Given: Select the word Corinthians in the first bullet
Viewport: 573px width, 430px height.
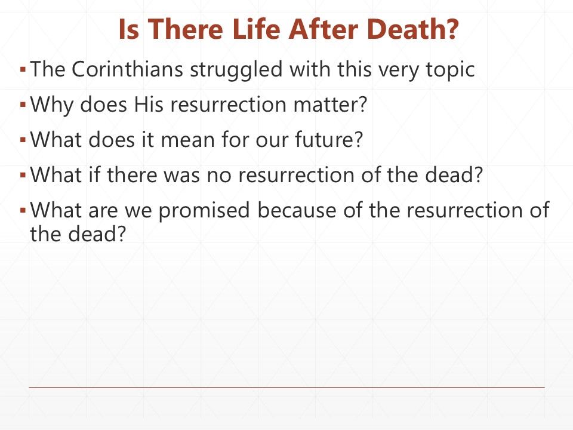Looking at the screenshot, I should [x=128, y=70].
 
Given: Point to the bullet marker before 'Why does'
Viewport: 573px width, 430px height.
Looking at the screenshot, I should [x=22, y=106].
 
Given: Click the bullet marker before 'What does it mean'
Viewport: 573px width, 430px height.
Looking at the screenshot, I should [x=22, y=141].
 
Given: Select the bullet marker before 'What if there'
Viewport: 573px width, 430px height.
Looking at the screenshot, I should [x=22, y=176].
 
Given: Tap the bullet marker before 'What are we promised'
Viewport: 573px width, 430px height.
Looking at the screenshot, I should [x=22, y=211].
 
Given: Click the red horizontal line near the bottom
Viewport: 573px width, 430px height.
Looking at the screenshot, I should [x=286, y=387].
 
